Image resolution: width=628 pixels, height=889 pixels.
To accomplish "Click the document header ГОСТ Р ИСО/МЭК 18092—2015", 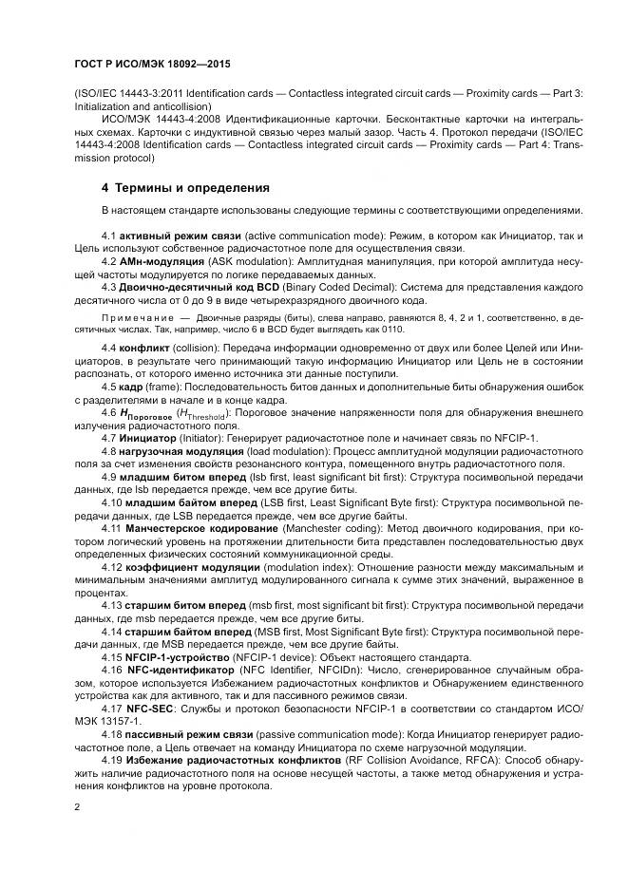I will pyautogui.click(x=152, y=65).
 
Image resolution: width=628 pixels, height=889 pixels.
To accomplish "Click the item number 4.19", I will pyautogui.click(x=112, y=760).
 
